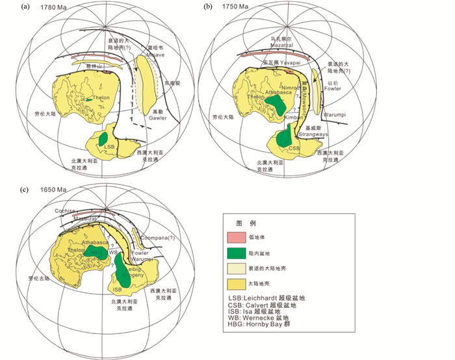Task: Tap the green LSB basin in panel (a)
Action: click(x=103, y=139)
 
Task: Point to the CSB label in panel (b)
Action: click(x=294, y=148)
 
